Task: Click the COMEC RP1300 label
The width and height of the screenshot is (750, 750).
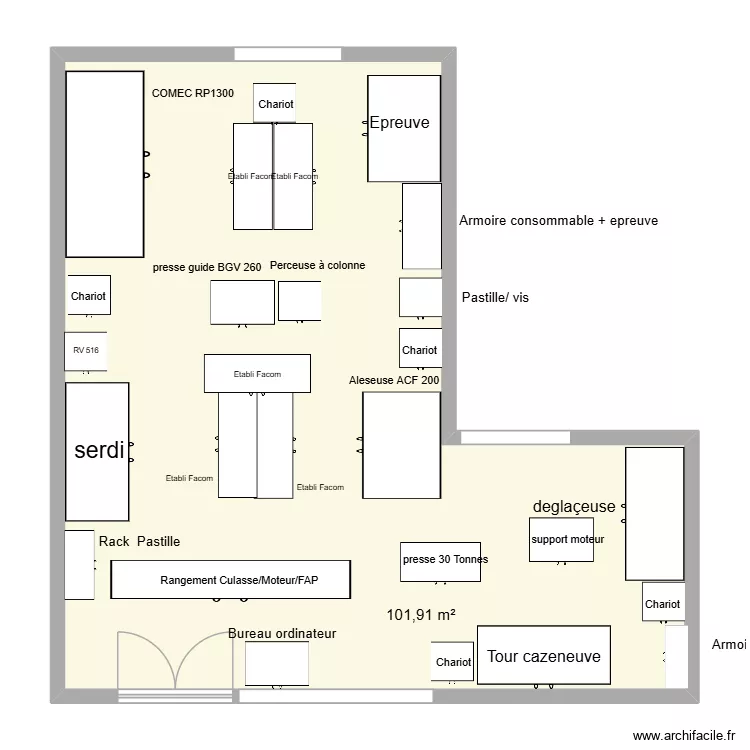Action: [193, 93]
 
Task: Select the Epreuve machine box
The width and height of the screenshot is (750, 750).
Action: [404, 128]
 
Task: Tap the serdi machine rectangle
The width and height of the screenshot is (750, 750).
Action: [97, 451]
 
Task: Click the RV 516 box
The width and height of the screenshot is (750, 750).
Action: [86, 351]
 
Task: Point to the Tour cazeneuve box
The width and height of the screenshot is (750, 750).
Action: [543, 656]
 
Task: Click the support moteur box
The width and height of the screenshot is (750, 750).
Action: [560, 539]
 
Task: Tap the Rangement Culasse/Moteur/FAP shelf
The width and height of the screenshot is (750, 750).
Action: [230, 579]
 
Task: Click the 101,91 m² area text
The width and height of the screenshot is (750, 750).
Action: [421, 614]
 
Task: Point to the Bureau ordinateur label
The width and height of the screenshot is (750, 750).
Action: [282, 633]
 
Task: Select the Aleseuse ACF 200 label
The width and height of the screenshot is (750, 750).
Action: [394, 380]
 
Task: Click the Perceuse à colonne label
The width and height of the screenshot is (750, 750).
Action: [317, 265]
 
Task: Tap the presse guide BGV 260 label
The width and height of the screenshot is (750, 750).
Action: [207, 267]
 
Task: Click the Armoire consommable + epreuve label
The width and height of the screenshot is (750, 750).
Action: [558, 220]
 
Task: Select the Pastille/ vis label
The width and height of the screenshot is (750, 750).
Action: [495, 297]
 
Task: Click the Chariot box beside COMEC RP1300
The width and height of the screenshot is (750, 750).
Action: [275, 103]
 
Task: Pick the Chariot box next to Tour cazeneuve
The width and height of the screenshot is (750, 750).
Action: [453, 662]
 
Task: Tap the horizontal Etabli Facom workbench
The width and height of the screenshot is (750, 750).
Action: [256, 374]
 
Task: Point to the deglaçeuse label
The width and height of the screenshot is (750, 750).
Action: [574, 506]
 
